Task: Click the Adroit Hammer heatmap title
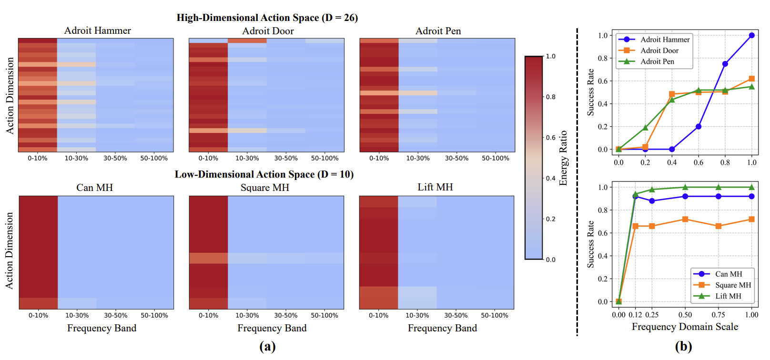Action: point(97,30)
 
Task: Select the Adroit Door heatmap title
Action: point(268,31)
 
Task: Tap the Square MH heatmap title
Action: point(265,188)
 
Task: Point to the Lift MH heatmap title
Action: point(435,187)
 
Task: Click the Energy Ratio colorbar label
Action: point(563,158)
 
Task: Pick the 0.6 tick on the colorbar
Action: point(550,138)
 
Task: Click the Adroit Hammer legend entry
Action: point(665,40)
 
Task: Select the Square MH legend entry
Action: point(733,285)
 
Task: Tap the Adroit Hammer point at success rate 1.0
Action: point(751,35)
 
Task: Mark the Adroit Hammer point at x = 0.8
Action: point(725,64)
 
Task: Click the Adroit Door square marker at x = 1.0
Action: point(751,79)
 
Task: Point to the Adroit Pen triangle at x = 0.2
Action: point(645,128)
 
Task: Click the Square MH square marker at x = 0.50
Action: point(685,219)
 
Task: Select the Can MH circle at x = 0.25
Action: point(652,201)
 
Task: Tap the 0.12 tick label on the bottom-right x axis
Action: point(635,315)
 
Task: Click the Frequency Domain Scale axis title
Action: point(685,327)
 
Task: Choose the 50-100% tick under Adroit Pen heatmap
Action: point(496,158)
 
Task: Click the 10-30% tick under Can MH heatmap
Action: point(77,315)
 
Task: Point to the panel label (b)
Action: point(683,347)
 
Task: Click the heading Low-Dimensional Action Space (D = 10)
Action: point(264,174)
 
